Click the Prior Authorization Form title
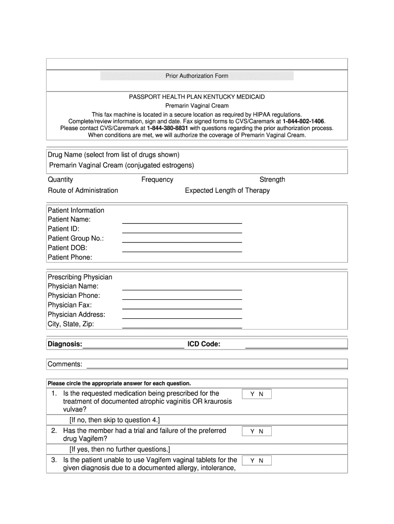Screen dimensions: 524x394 pos(197,76)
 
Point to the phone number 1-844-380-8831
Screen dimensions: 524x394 pos(167,128)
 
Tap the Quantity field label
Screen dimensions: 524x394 pos(60,180)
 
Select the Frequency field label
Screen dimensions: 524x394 pos(157,180)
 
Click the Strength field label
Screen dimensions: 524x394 pos(272,180)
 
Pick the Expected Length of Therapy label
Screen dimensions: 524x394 pos(227,191)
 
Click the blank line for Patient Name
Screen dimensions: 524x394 pos(182,223)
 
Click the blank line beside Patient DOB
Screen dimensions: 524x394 pos(182,251)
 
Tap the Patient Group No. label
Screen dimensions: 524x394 pos(76,238)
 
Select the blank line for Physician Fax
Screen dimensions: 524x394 pos(182,308)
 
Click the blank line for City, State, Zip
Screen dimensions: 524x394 pos(182,326)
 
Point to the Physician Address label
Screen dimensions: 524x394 pos(76,315)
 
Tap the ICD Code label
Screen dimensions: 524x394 pos(204,344)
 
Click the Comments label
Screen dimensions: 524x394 pos(65,364)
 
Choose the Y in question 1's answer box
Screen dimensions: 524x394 pos(252,395)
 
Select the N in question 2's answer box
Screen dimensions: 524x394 pos(261,431)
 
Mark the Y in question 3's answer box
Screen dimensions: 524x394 pos(252,461)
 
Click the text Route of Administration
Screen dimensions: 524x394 pos(83,191)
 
